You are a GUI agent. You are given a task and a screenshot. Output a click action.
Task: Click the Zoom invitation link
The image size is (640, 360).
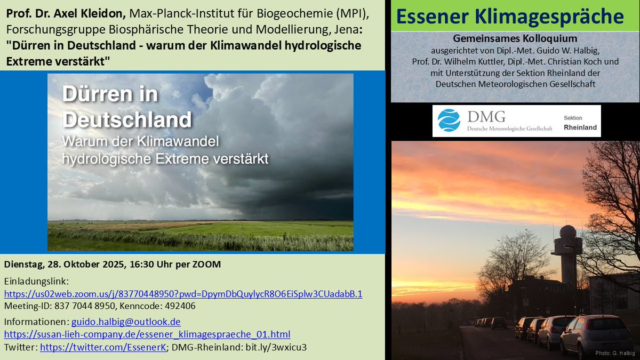[183, 294]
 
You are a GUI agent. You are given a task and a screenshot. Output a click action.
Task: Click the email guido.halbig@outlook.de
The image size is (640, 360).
[126, 322]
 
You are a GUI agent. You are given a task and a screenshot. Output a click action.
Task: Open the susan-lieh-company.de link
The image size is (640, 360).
[147, 334]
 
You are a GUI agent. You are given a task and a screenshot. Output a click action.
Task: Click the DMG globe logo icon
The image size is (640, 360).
[449, 121]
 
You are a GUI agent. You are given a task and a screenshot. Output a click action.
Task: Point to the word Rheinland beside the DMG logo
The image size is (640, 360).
[580, 127]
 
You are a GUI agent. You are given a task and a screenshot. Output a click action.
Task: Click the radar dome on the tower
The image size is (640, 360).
[567, 233]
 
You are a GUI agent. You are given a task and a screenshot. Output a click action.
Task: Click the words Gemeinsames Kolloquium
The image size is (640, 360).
[515, 39]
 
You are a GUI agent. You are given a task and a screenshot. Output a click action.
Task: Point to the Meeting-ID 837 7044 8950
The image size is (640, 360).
[81, 306]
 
